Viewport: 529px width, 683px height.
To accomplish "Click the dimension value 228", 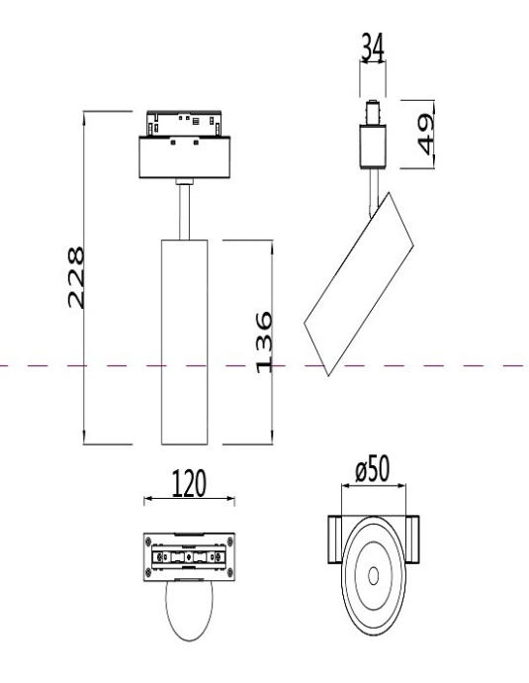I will (75, 277).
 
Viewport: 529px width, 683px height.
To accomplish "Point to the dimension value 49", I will (425, 134).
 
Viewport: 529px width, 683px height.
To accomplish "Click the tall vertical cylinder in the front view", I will (185, 341).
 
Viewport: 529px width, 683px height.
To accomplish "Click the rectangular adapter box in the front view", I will (185, 158).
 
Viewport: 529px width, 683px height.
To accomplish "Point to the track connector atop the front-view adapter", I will (185, 123).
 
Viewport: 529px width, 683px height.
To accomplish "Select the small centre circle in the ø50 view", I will (372, 575).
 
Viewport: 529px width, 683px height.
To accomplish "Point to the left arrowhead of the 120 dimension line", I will (147, 499).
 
